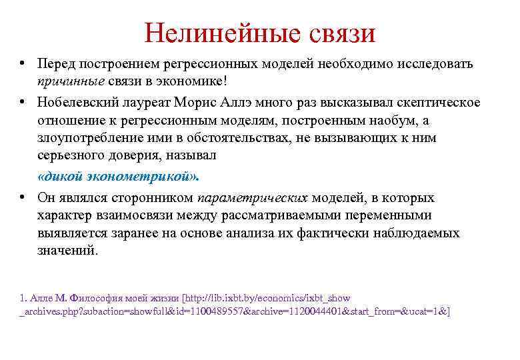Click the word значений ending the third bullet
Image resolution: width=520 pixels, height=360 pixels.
(67, 251)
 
